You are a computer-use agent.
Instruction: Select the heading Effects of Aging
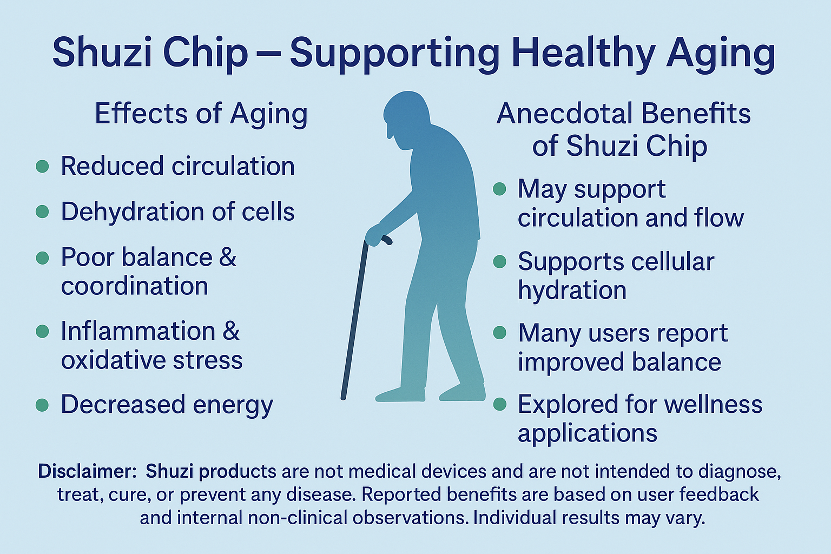click(x=201, y=114)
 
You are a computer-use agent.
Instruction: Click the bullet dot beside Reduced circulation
click(x=42, y=166)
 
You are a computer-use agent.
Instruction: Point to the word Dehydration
click(x=133, y=212)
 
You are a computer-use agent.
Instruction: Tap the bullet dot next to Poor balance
click(x=42, y=258)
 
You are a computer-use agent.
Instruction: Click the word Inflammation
click(x=138, y=331)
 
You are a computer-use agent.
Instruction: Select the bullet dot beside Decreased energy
click(x=42, y=405)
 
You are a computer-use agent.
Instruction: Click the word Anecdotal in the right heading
click(x=563, y=114)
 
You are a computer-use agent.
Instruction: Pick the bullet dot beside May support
click(x=499, y=189)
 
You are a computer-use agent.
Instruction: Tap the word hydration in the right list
click(x=572, y=290)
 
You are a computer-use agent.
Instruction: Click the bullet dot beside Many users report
click(x=499, y=333)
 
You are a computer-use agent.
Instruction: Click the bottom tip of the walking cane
click(x=344, y=398)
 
